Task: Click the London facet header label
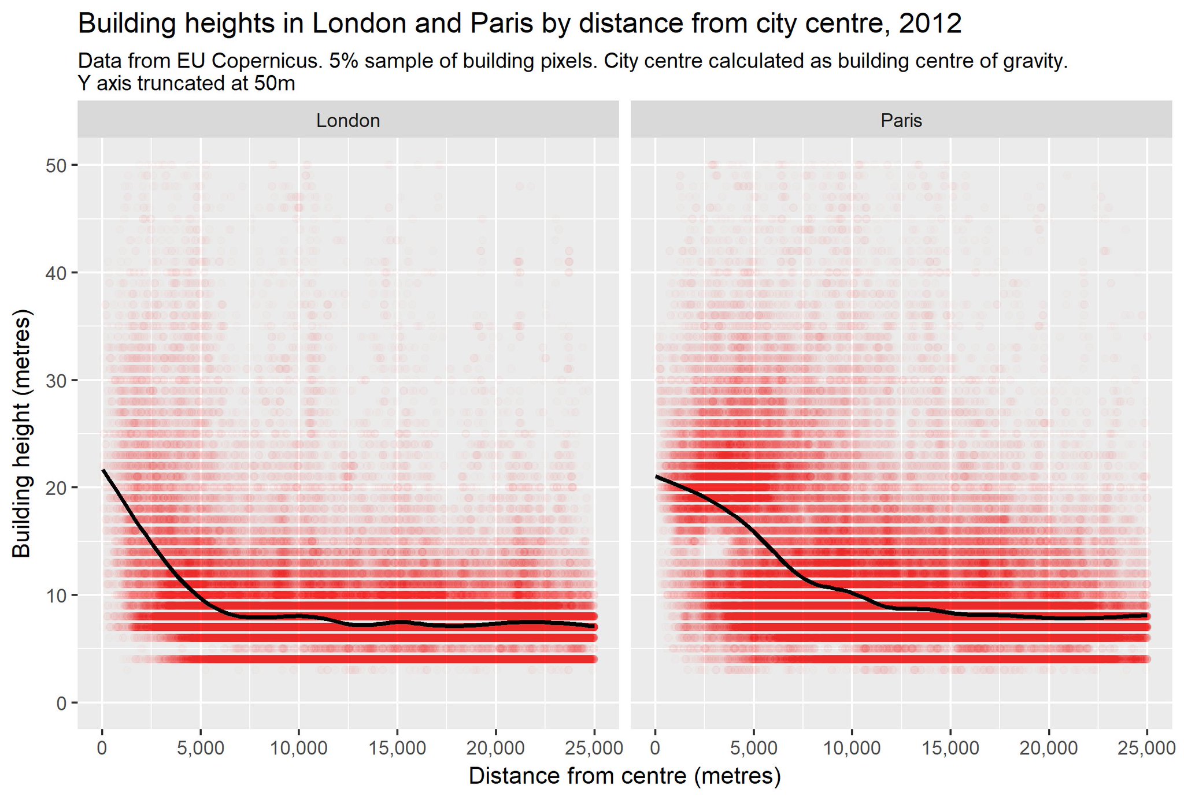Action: coord(347,120)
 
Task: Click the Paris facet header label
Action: coord(901,120)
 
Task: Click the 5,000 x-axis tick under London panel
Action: coord(200,748)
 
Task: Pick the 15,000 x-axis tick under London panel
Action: coord(397,748)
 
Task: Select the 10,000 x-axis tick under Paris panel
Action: coord(852,748)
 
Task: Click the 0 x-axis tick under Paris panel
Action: coord(655,748)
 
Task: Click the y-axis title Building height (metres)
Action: coord(22,434)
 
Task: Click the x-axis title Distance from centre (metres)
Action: coord(624,776)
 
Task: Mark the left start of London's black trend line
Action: coord(103,470)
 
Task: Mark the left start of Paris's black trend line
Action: coord(656,477)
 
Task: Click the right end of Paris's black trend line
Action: coord(1147,616)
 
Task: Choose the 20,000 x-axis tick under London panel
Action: coord(495,748)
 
